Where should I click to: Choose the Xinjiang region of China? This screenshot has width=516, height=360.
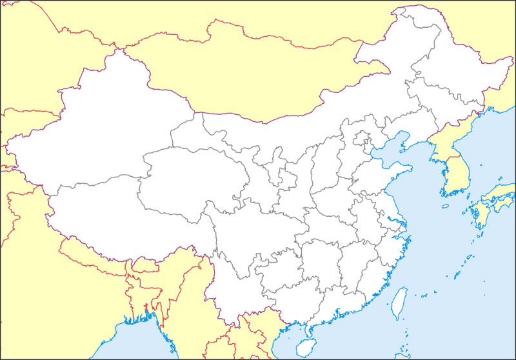pyautogui.click(x=97, y=129)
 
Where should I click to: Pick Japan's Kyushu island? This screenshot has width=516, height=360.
pyautogui.click(x=481, y=216)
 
